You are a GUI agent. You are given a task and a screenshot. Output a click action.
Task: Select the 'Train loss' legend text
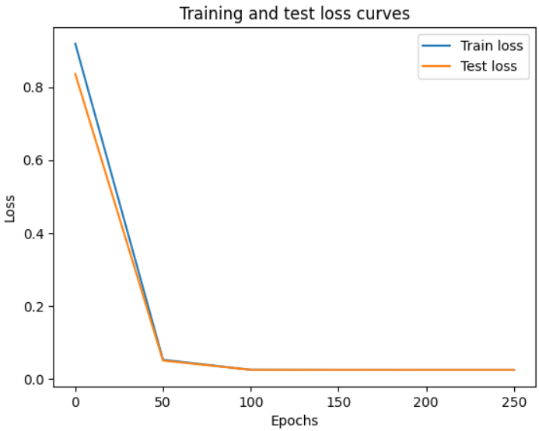[x=492, y=45]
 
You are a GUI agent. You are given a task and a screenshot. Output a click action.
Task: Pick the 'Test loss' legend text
[x=488, y=66]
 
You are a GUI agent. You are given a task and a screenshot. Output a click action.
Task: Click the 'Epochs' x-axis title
[x=294, y=420]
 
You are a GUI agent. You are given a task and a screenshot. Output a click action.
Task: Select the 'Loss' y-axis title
[x=10, y=207]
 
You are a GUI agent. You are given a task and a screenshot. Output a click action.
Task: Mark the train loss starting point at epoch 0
[x=75, y=43]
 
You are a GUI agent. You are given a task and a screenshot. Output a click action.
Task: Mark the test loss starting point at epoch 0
[x=75, y=74]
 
